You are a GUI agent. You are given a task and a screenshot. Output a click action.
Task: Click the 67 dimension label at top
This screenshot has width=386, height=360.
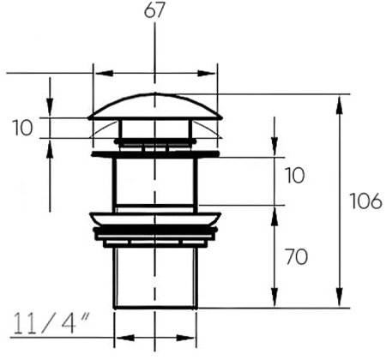pyautogui.click(x=154, y=10)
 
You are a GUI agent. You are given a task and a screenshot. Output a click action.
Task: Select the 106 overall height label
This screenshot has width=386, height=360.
pyautogui.click(x=366, y=201)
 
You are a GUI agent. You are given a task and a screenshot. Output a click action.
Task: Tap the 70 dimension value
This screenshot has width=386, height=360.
pyautogui.click(x=297, y=257)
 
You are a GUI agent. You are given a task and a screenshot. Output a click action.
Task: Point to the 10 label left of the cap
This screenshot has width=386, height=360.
pyautogui.click(x=22, y=128)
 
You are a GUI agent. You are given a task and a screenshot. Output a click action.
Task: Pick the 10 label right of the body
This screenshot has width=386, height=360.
pyautogui.click(x=295, y=175)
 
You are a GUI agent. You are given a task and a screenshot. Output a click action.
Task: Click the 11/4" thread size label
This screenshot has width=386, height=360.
pyautogui.click(x=51, y=323)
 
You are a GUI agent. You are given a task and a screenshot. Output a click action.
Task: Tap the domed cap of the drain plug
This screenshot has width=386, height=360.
pyautogui.click(x=155, y=107)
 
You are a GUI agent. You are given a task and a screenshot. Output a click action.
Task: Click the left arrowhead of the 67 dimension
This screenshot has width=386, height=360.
pyautogui.click(x=104, y=73)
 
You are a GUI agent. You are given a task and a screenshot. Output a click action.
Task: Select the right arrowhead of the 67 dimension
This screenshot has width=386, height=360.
pyautogui.click(x=207, y=73)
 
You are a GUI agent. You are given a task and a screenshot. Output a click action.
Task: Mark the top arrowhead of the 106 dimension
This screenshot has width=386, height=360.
pyautogui.click(x=339, y=105)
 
